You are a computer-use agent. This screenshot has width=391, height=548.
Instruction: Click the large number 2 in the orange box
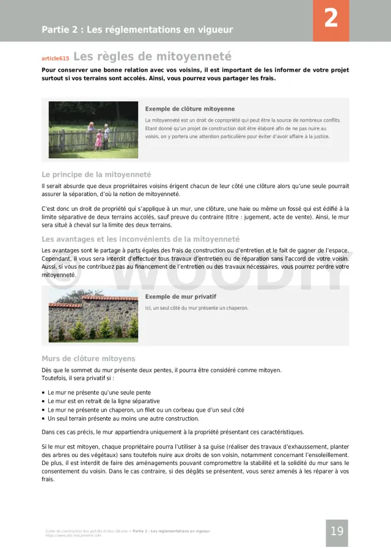(x=331, y=19)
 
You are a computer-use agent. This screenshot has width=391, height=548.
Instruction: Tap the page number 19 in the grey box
(x=337, y=532)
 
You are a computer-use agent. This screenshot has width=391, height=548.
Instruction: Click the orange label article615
(x=55, y=59)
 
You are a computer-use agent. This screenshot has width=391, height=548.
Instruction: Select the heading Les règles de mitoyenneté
(x=152, y=57)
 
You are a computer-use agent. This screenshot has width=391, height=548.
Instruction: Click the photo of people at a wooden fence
(x=93, y=130)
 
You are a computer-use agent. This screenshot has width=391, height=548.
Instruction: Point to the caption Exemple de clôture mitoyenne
(x=190, y=109)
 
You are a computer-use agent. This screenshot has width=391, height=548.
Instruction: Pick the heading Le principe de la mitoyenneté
(x=97, y=174)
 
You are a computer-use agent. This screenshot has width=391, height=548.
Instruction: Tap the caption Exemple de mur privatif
(x=181, y=296)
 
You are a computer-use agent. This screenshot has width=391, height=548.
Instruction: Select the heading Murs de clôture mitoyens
(x=89, y=359)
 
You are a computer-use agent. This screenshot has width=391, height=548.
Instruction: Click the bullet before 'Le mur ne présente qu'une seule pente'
(x=43, y=393)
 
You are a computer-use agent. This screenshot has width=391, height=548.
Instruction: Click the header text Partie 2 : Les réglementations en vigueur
(x=137, y=29)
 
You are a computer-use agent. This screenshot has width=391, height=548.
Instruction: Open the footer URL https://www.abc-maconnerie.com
(x=73, y=536)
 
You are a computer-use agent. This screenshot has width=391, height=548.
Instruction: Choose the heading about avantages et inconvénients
(x=141, y=239)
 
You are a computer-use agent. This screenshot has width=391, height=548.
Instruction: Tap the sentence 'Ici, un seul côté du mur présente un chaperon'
(x=197, y=308)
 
